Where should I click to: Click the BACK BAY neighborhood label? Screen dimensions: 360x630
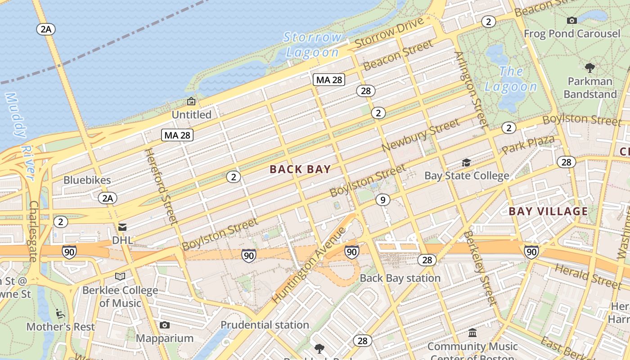point(300,169)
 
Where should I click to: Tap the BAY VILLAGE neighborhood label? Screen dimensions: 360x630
point(548,211)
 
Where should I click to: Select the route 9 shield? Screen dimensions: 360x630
point(382,199)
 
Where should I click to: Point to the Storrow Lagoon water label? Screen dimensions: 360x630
point(312,45)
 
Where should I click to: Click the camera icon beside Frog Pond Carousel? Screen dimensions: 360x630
point(572,20)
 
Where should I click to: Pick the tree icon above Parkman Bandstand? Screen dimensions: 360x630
point(589,68)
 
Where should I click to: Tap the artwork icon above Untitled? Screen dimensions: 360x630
point(191,102)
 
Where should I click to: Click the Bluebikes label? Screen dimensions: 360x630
point(87,180)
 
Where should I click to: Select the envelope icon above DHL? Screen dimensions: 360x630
point(122,227)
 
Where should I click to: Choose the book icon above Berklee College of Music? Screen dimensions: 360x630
point(120,276)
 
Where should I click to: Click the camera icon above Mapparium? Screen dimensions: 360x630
point(165,325)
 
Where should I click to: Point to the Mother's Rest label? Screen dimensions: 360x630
point(61,327)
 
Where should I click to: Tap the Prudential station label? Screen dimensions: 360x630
point(265,325)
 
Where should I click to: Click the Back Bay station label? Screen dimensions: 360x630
point(400,278)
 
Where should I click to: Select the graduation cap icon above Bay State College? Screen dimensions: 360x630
point(467,162)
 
